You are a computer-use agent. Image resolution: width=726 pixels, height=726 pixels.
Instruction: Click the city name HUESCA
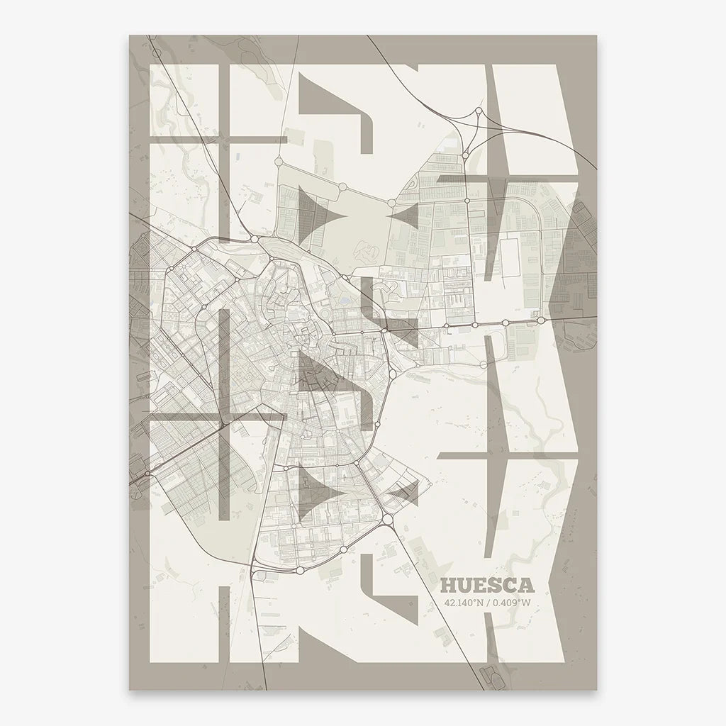(487, 585)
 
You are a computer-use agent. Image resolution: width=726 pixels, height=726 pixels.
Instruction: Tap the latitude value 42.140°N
(464, 603)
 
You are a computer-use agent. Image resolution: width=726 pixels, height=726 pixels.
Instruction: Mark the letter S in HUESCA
(495, 585)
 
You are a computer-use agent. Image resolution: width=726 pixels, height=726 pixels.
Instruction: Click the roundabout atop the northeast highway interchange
(479, 111)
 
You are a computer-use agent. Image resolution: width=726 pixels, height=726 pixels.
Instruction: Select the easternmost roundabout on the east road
(542, 320)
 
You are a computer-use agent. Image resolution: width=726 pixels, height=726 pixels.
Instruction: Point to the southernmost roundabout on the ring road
(300, 569)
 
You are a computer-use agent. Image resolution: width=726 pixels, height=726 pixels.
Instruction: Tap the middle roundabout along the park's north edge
(342, 186)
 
